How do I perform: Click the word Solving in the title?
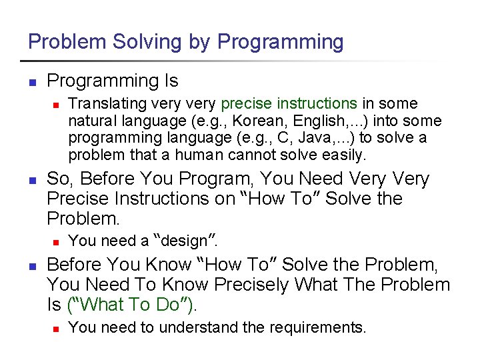[137, 42]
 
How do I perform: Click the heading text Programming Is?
[113, 81]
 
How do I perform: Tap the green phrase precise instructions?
[289, 104]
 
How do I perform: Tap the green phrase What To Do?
[124, 305]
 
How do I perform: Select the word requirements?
[322, 328]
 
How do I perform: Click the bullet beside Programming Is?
[31, 83]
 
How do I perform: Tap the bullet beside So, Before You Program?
[31, 180]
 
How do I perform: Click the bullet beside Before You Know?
[31, 266]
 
